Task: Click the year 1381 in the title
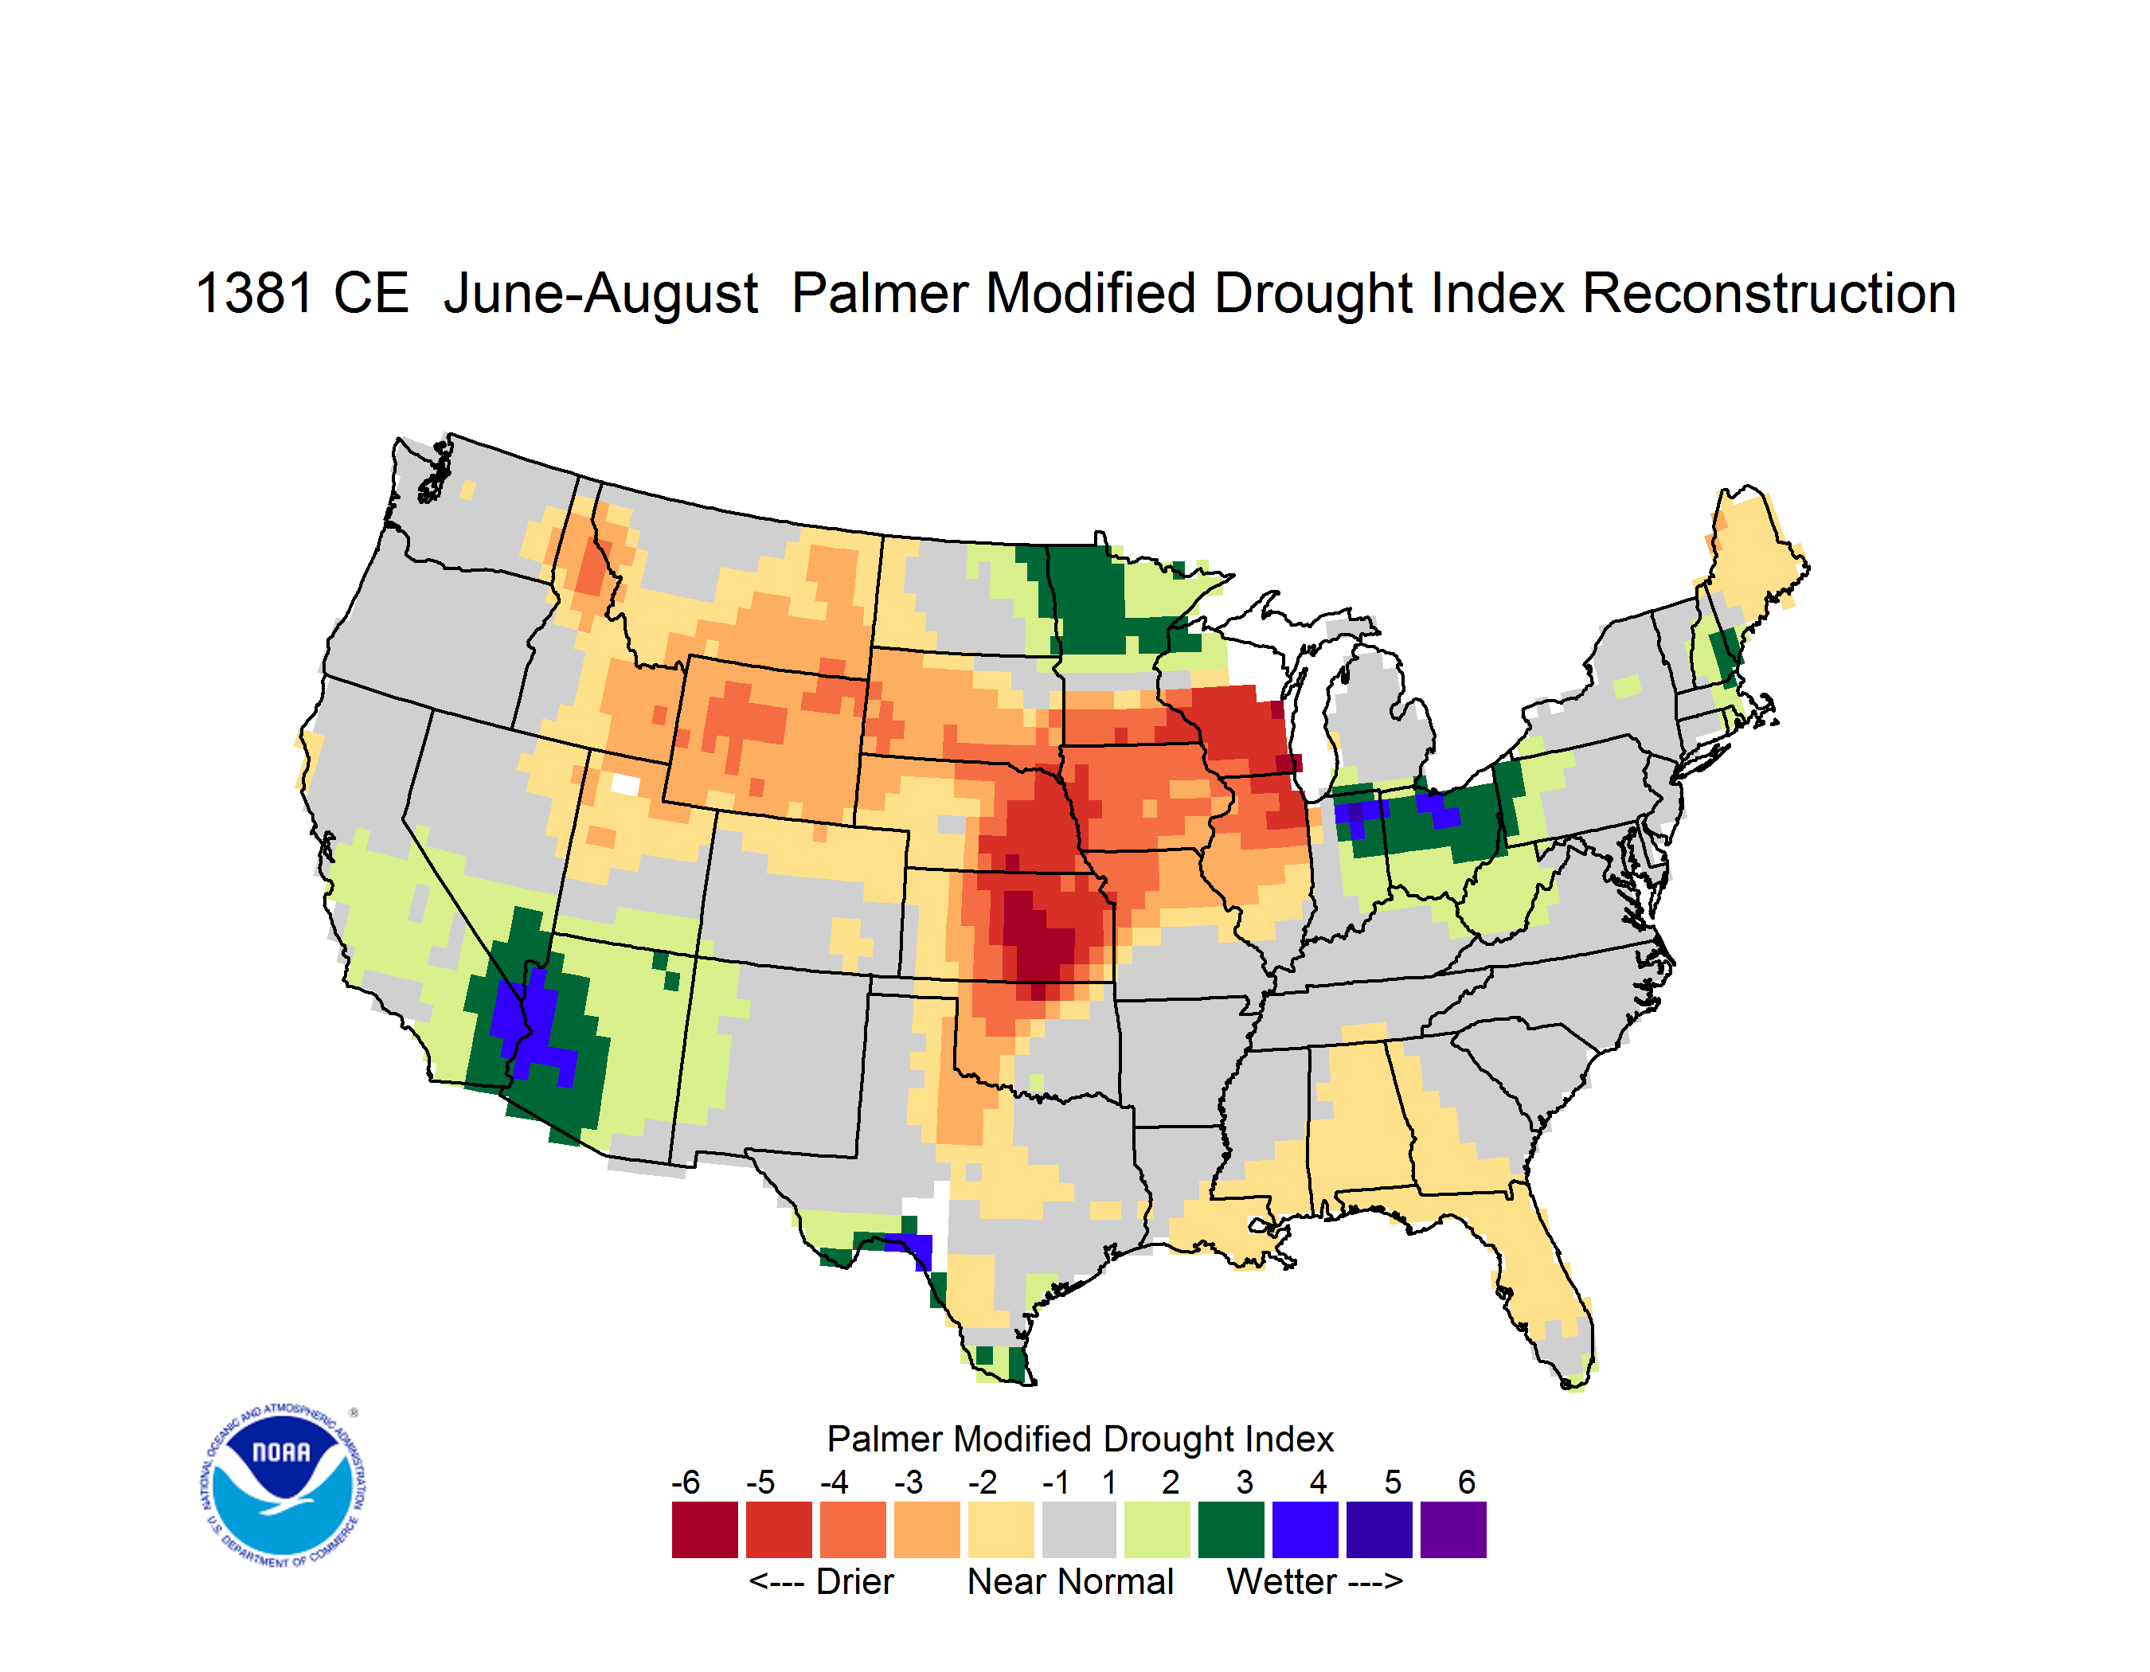point(254,293)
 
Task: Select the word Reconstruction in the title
point(1769,293)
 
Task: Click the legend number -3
point(908,1482)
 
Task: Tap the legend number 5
point(1393,1482)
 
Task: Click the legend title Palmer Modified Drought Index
point(1080,1440)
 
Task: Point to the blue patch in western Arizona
point(532,1023)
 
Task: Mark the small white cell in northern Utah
point(625,784)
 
